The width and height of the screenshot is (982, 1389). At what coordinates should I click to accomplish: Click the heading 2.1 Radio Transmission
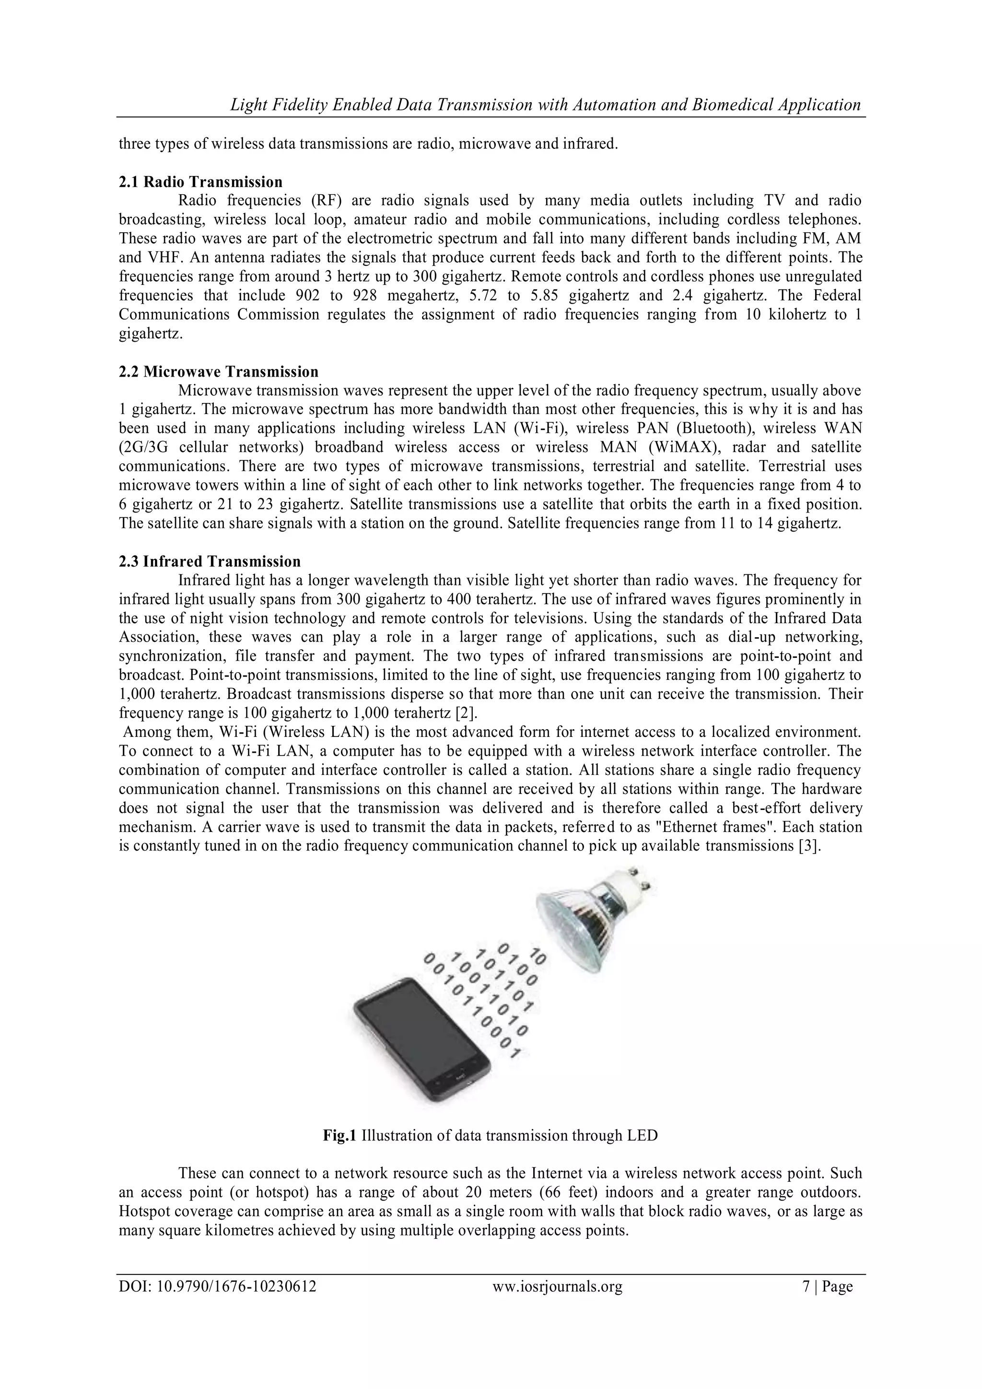click(x=200, y=182)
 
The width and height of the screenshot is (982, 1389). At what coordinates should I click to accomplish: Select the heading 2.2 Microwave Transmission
click(x=218, y=371)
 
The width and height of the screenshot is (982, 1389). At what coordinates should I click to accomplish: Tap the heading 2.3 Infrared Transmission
click(x=209, y=561)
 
